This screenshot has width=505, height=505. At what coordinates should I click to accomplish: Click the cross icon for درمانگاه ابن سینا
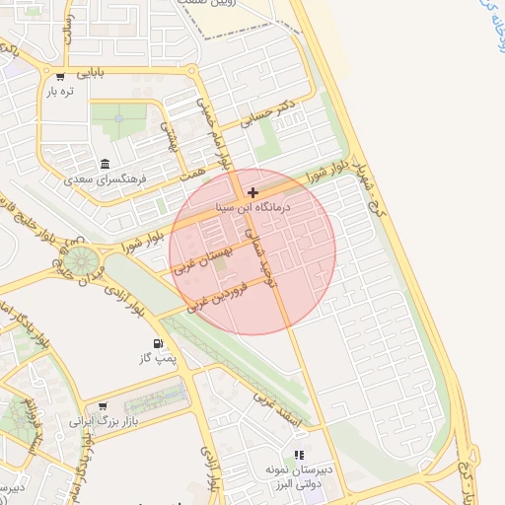253,192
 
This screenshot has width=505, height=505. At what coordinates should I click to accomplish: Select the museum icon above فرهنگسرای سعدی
105,165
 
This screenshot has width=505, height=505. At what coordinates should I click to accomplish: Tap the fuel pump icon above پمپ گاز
158,344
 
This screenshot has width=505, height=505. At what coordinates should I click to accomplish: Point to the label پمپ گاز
158,359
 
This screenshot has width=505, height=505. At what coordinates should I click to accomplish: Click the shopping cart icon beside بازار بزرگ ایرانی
102,405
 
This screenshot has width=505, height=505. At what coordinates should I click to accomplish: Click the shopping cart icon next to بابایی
61,76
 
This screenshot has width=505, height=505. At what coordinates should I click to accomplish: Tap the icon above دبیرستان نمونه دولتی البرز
299,455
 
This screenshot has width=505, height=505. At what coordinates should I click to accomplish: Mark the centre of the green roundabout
81,261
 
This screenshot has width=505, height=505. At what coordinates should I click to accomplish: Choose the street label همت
193,174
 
